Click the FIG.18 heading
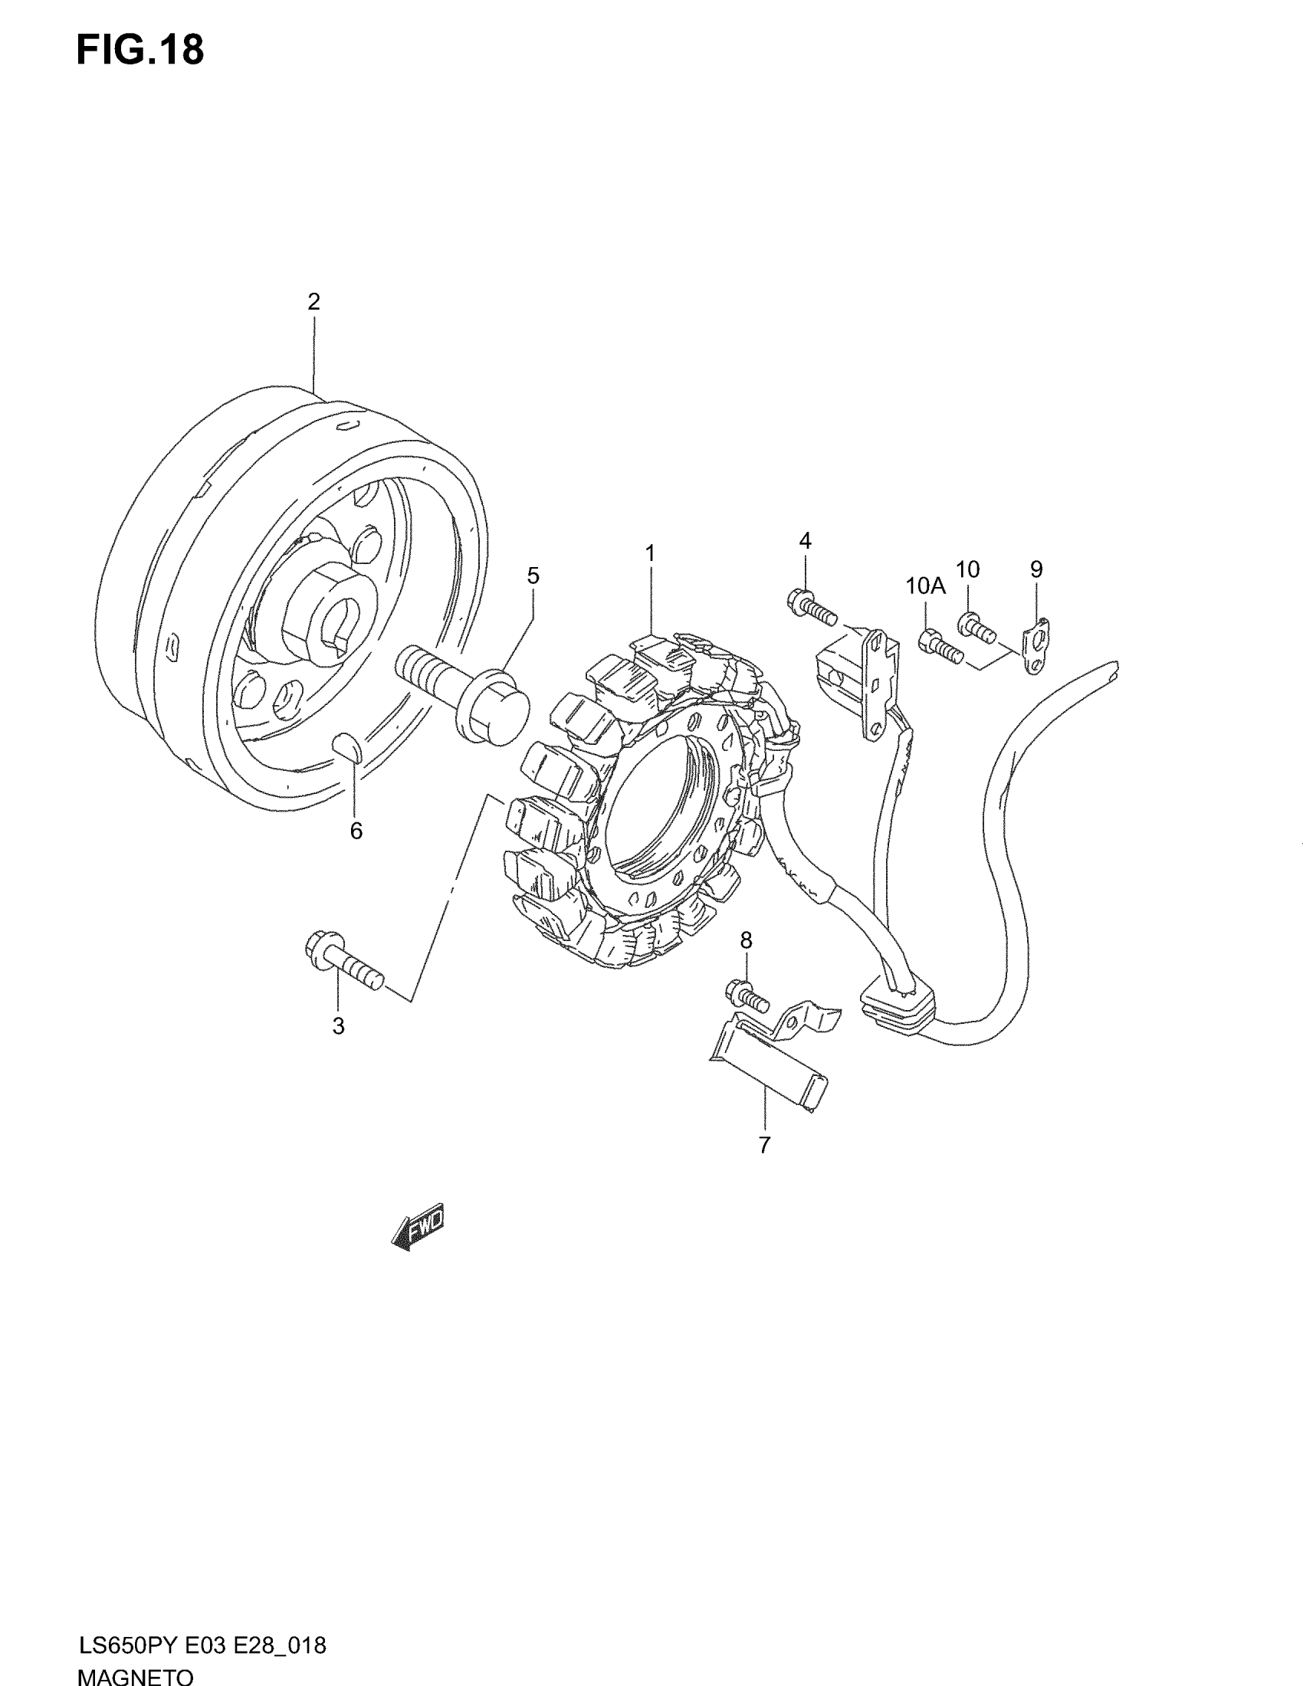click(140, 51)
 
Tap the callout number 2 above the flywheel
click(313, 302)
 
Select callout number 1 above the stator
click(650, 553)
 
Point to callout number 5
click(533, 576)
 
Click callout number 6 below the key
click(356, 831)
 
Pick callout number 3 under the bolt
click(338, 1026)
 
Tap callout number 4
click(805, 541)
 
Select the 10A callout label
click(926, 587)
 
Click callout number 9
click(1036, 569)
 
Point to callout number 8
click(746, 940)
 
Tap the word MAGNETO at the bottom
click(136, 1676)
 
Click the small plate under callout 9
click(1036, 644)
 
